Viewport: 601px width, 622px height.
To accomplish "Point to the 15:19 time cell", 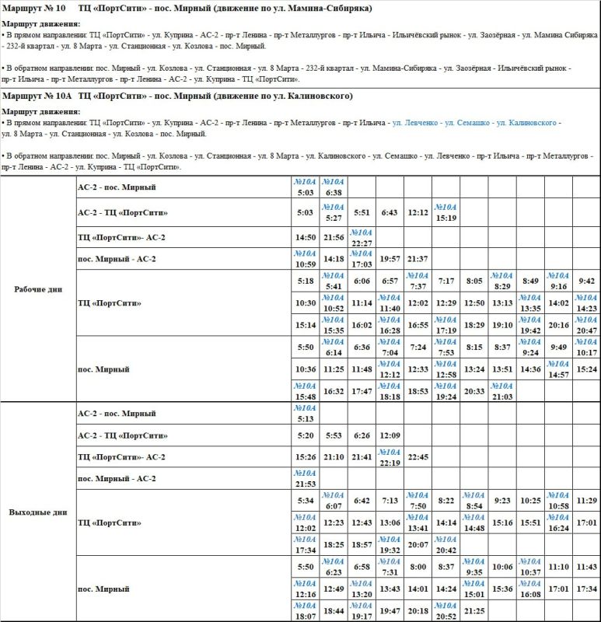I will click(446, 212).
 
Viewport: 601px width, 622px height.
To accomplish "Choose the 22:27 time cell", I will click(362, 237).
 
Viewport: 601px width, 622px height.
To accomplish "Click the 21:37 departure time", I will click(418, 259).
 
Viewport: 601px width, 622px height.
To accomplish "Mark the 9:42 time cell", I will click(586, 281).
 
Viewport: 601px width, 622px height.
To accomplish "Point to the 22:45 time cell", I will click(418, 457).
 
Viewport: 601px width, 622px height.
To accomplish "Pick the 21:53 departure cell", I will click(306, 479).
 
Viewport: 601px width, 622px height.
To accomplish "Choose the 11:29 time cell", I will click(586, 501).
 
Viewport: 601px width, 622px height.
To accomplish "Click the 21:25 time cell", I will click(473, 611).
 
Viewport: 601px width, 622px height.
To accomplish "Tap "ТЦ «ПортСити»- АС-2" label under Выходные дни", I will click(122, 457).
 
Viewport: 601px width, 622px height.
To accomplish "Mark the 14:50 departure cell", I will click(306, 237).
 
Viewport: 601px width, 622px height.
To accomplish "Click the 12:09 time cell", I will click(390, 435).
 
